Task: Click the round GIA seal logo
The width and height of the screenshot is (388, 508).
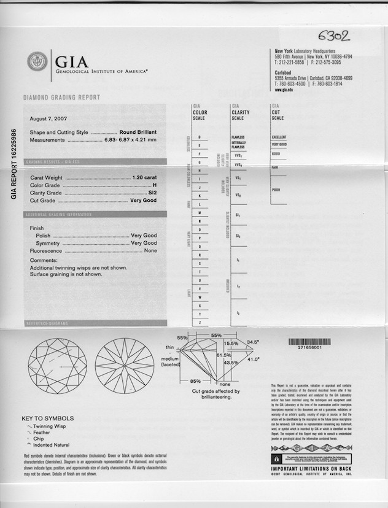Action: (37, 61)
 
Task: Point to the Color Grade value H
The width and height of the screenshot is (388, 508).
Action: (155, 185)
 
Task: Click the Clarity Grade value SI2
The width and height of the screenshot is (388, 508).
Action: (152, 193)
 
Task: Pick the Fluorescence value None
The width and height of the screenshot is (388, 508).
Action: (150, 251)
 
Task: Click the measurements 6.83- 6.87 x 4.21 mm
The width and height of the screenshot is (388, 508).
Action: (130, 140)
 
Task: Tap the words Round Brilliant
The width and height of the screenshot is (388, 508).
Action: (138, 133)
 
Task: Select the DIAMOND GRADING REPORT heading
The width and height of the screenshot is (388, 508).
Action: (61, 98)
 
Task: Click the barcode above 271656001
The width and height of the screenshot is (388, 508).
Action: (314, 341)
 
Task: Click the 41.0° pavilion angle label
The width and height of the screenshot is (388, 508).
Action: (253, 360)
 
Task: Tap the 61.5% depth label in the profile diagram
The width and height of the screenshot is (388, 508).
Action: (223, 355)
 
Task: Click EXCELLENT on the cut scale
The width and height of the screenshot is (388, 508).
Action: (279, 137)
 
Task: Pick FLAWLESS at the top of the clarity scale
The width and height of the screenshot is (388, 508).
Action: (238, 137)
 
